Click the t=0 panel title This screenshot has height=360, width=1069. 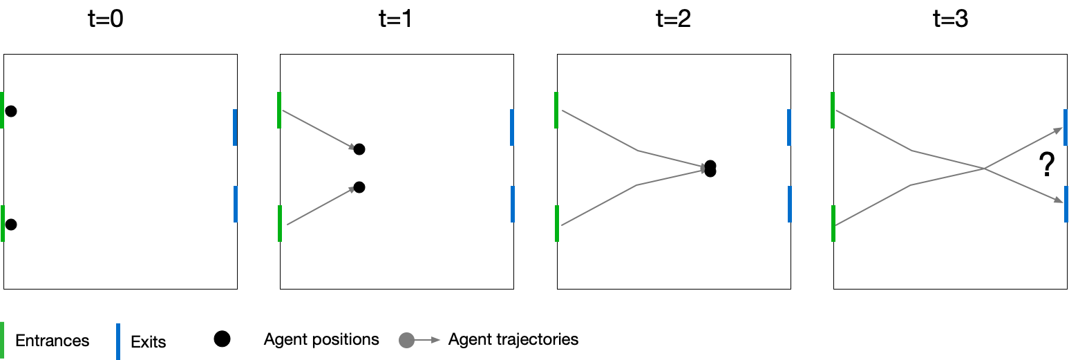pyautogui.click(x=106, y=20)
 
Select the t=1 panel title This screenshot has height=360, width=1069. pyautogui.click(x=395, y=20)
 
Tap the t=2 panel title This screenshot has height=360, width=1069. pyautogui.click(x=673, y=20)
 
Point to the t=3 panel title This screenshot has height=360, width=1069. pyautogui.click(x=950, y=20)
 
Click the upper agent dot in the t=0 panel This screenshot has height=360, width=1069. pyautogui.click(x=11, y=111)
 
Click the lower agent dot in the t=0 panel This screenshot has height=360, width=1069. pyautogui.click(x=11, y=225)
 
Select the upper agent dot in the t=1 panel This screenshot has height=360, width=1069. pyautogui.click(x=359, y=149)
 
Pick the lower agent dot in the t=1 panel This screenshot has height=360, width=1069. pyautogui.click(x=359, y=187)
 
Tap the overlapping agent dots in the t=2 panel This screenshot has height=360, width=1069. pyautogui.click(x=710, y=169)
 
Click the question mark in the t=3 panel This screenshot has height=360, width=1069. pyautogui.click(x=1047, y=166)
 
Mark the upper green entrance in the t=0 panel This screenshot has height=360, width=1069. pyautogui.click(x=2, y=110)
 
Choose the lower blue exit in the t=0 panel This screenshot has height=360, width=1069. pyautogui.click(x=236, y=204)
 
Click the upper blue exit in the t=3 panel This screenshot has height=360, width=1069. pyautogui.click(x=1066, y=127)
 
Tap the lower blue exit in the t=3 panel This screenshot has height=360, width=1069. pyautogui.click(x=1066, y=204)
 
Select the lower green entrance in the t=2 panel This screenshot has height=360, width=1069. pyautogui.click(x=556, y=223)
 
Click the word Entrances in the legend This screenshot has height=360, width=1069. pyautogui.click(x=53, y=341)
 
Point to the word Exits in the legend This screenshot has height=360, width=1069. pyautogui.click(x=149, y=342)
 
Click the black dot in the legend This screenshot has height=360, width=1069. pyautogui.click(x=222, y=339)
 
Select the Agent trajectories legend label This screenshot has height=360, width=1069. pyautogui.click(x=513, y=339)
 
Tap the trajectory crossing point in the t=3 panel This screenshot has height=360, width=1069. pyautogui.click(x=984, y=168)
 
